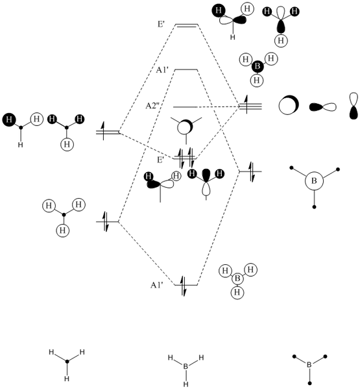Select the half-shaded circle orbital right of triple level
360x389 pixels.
(288, 107)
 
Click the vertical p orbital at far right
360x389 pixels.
(353, 107)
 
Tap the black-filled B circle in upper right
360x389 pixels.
(258, 67)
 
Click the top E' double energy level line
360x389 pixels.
(186, 25)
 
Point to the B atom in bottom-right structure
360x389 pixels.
(309, 366)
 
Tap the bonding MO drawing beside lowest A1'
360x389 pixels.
(237, 280)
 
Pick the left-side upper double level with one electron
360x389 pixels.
(108, 132)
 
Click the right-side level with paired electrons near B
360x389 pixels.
(250, 171)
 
